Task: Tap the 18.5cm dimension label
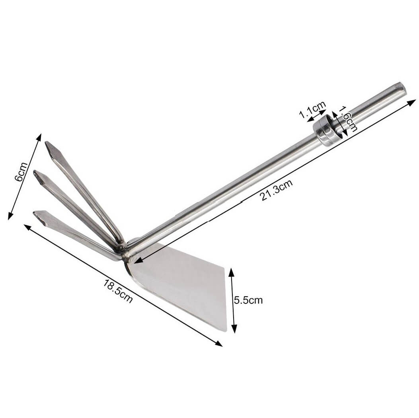coord(118,291)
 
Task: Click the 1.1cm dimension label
coord(312,110)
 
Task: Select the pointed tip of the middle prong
coord(36,174)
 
